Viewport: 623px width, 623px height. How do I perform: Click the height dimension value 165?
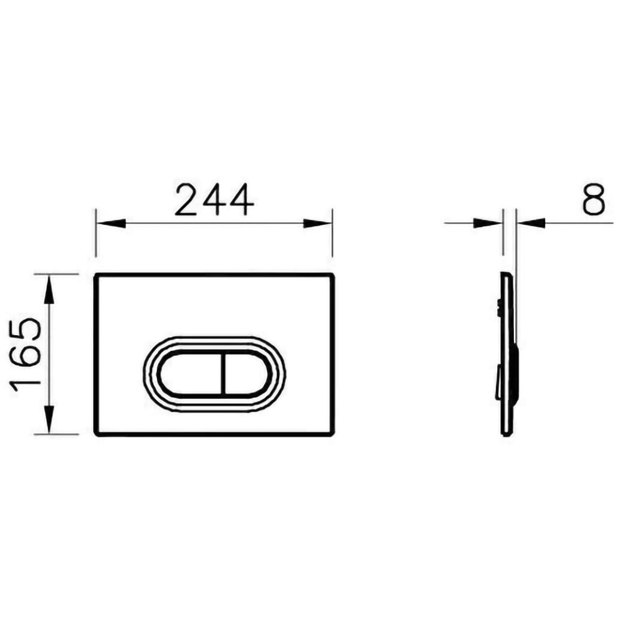click(x=26, y=354)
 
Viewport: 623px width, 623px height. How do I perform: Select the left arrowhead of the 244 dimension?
click(x=110, y=223)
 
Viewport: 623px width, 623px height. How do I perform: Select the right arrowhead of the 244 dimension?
click(x=317, y=223)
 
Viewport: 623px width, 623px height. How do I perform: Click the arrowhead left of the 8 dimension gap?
click(x=489, y=223)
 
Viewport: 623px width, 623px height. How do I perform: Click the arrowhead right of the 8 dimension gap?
click(x=530, y=223)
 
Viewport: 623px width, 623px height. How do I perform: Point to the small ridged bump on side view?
click(x=500, y=305)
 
